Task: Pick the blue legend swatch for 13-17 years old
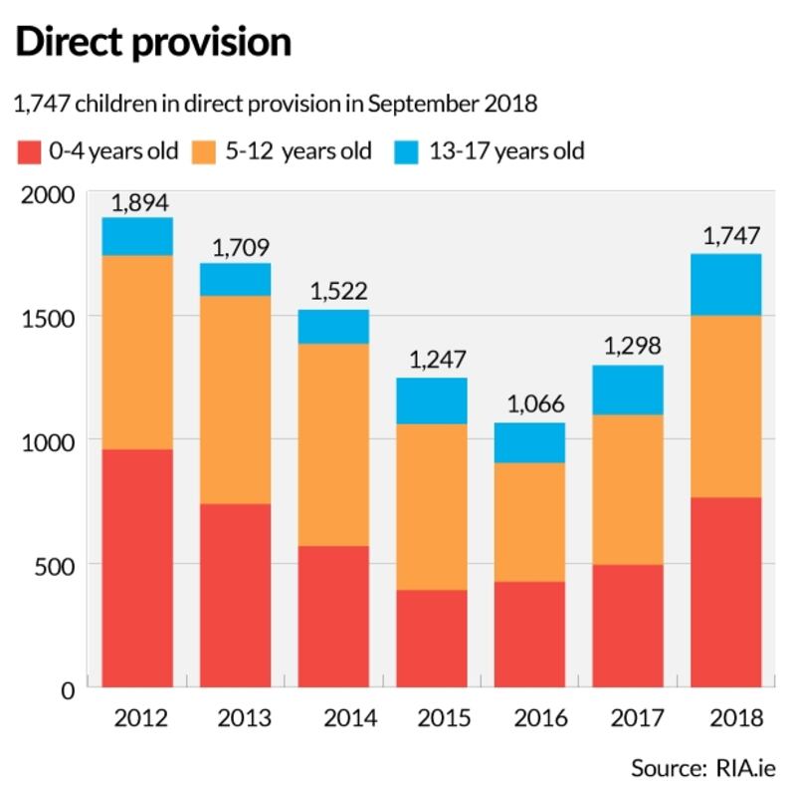[x=408, y=152]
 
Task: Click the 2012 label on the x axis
[x=138, y=718]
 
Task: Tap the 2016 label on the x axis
[x=530, y=718]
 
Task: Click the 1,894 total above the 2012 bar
[x=138, y=202]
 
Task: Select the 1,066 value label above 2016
[x=530, y=405]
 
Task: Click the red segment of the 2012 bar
[x=138, y=568]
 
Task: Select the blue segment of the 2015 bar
[x=433, y=401]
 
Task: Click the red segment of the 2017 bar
[x=629, y=626]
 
